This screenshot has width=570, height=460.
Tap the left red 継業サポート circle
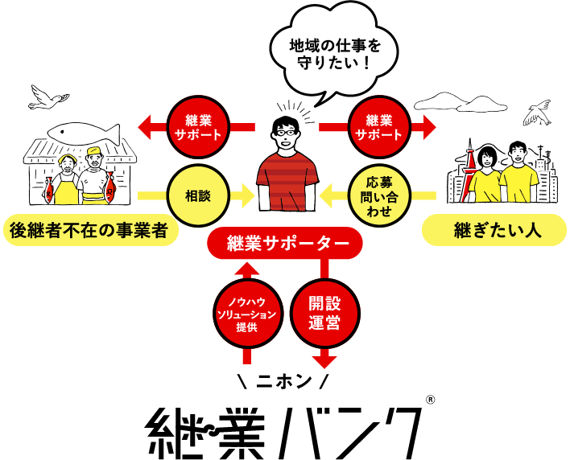tap(198, 127)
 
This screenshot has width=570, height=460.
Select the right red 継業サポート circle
tap(378, 127)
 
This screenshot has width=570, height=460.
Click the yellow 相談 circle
tap(198, 195)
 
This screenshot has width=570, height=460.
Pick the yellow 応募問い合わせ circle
tap(378, 195)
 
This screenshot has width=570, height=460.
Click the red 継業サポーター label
tap(287, 244)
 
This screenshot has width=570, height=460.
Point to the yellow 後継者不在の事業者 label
tap(89, 230)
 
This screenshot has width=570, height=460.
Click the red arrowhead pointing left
tap(147, 127)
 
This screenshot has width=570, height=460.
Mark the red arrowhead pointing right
tap(428, 127)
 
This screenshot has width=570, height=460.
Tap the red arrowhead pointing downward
tap(324, 359)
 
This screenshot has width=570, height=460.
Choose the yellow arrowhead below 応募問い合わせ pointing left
tap(327, 195)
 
